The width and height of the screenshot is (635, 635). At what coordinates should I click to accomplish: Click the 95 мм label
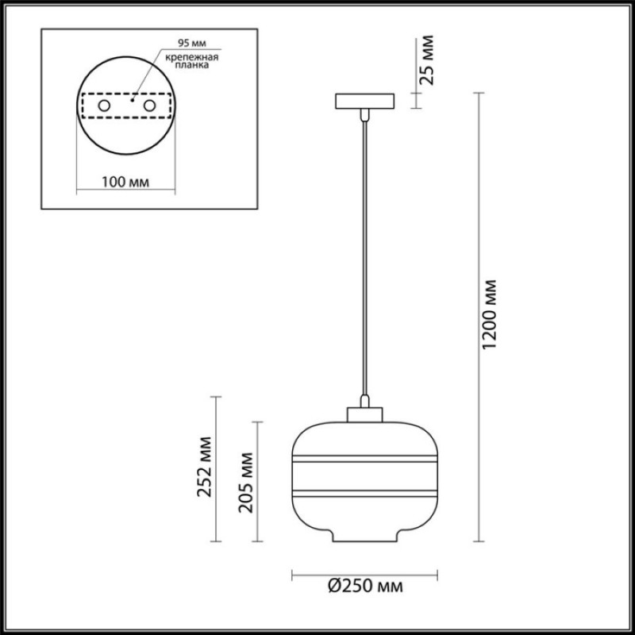tap(192, 43)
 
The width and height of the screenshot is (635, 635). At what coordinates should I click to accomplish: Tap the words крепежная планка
tap(192, 61)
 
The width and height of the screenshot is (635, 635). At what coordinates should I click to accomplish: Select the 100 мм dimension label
tap(125, 182)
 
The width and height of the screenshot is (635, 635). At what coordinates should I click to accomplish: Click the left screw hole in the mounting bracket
tap(104, 106)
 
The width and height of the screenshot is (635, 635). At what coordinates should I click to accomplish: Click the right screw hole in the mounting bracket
tap(149, 106)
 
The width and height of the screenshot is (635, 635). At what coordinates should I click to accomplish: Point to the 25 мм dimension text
tap(426, 60)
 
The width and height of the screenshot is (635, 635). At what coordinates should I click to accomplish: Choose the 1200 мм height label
tap(489, 314)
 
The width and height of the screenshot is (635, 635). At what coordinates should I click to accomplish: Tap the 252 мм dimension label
tap(205, 467)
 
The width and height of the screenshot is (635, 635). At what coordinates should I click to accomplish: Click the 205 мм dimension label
tap(245, 483)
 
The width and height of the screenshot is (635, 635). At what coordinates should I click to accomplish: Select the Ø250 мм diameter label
tap(365, 586)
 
